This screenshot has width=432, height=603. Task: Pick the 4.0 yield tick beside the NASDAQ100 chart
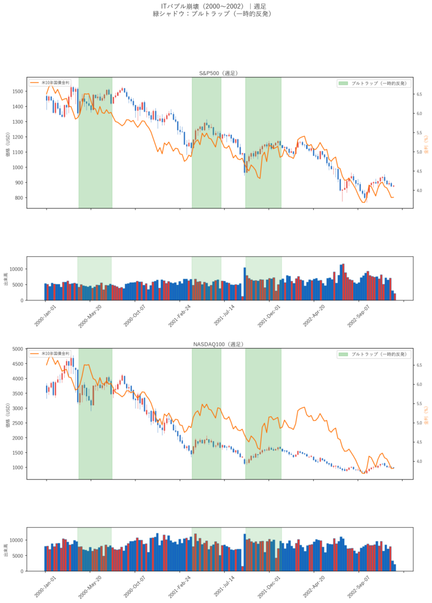[420, 461]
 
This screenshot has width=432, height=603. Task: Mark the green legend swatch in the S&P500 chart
[343, 83]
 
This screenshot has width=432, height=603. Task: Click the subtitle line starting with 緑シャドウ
[215, 14]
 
